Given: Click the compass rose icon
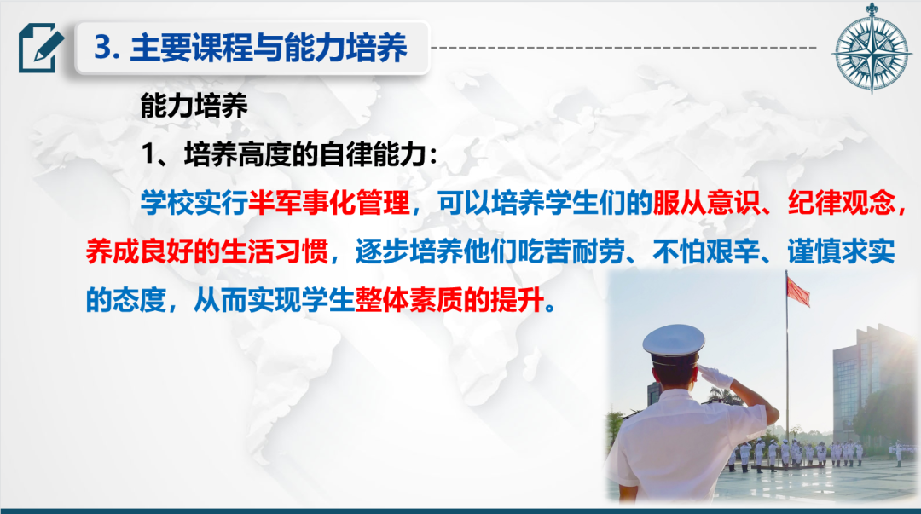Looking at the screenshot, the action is (872, 49).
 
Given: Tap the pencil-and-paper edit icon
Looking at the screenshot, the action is (41, 48).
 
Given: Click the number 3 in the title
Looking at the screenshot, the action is (103, 47).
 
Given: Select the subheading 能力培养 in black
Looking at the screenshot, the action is (194, 106).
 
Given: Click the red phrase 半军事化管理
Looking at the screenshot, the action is (329, 203).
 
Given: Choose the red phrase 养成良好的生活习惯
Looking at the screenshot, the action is (206, 252).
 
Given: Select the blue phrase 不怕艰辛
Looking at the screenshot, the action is (706, 252).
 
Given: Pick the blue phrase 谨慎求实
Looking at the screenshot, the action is (841, 252).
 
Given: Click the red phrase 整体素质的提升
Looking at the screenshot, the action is (449, 301).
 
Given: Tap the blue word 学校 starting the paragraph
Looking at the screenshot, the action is (167, 203).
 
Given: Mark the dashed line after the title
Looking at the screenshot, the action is (623, 48).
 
